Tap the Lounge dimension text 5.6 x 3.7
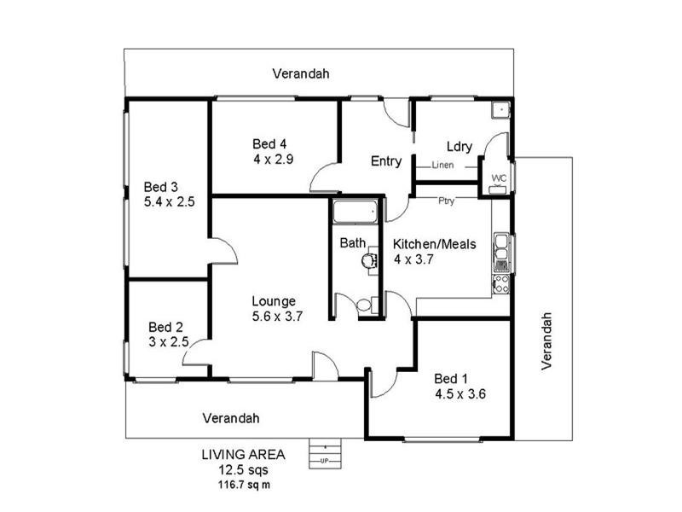pyautogui.click(x=278, y=316)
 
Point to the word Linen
pyautogui.click(x=443, y=165)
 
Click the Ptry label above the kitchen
pyautogui.click(x=446, y=202)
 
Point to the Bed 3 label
pyautogui.click(x=160, y=187)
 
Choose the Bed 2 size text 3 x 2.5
pyautogui.click(x=165, y=341)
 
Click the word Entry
pyautogui.click(x=385, y=160)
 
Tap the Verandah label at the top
pyautogui.click(x=301, y=73)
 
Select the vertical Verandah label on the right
pyautogui.click(x=548, y=340)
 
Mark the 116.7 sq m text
pyautogui.click(x=244, y=484)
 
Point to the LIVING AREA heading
pyautogui.click(x=244, y=454)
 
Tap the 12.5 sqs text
pyautogui.click(x=244, y=469)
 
